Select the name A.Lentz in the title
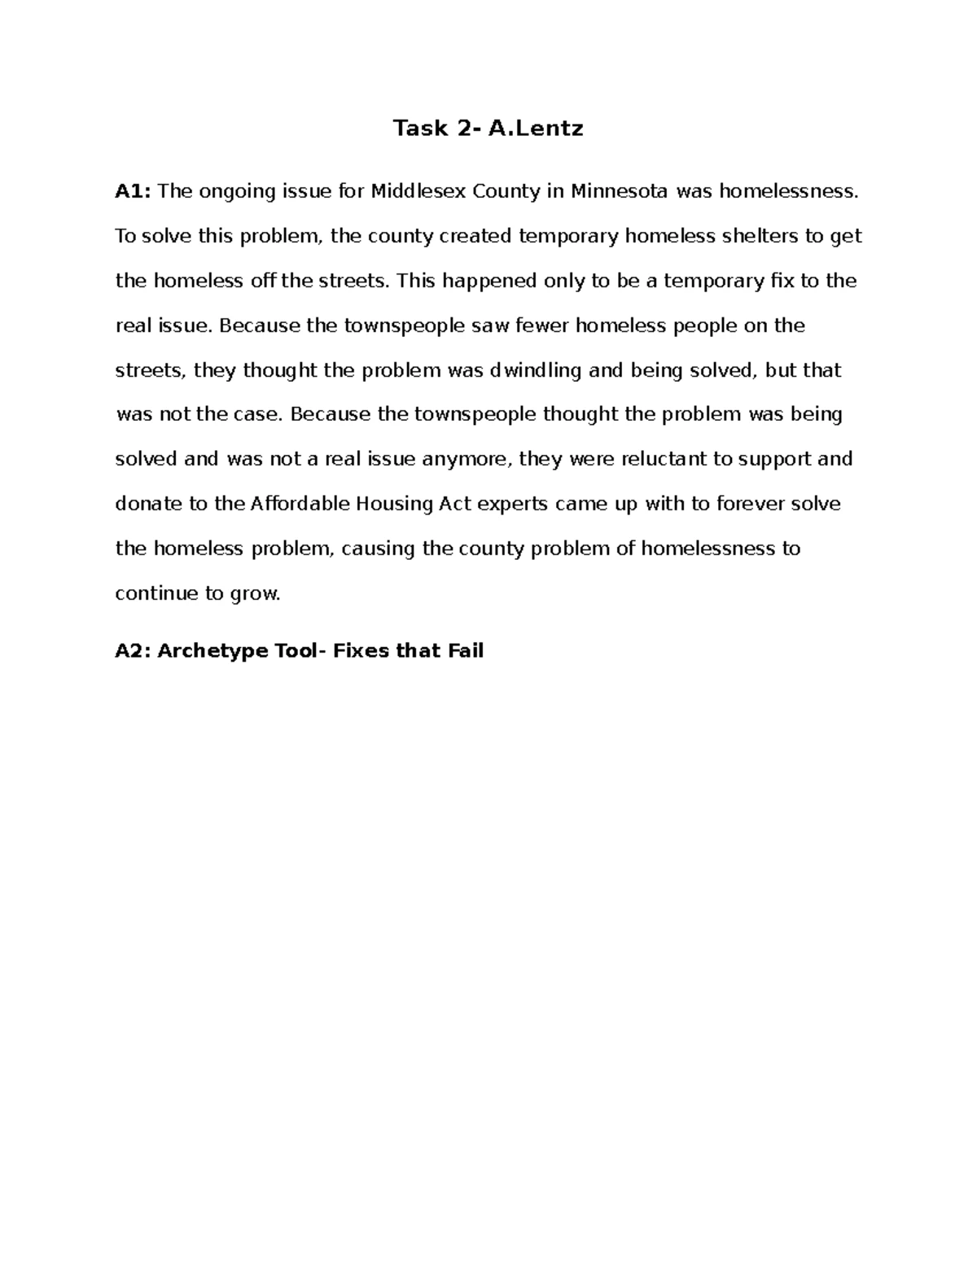[x=536, y=128]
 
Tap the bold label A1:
[x=133, y=191]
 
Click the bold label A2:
[x=133, y=651]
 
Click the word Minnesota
[x=620, y=191]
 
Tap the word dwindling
[x=535, y=370]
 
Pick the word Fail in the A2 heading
[x=466, y=651]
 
